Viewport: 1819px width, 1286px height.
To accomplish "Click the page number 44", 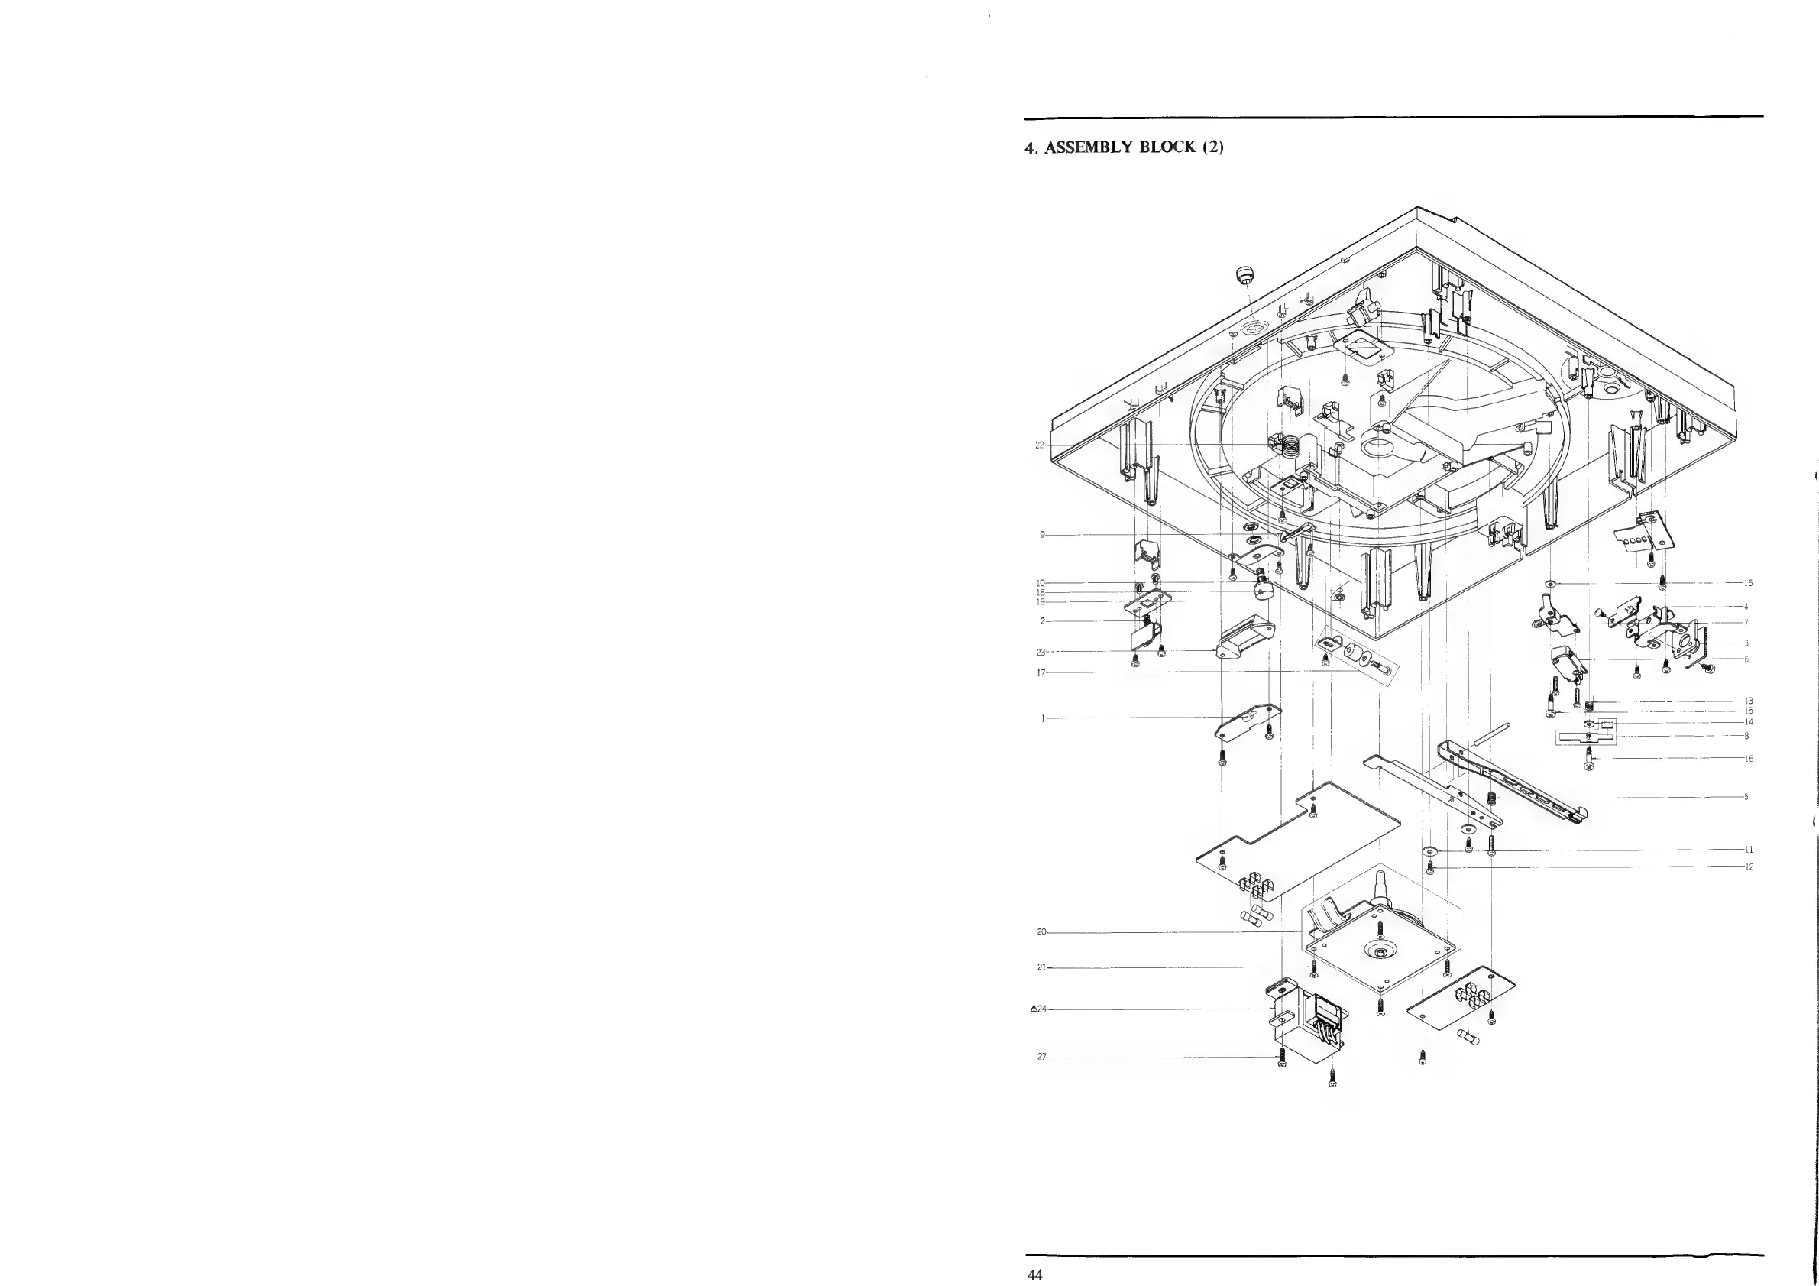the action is [x=1034, y=1275].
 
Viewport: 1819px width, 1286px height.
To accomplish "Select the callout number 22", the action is [x=1040, y=445].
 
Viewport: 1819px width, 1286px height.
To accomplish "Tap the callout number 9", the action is [x=1042, y=535].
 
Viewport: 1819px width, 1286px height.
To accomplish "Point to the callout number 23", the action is [x=1041, y=652].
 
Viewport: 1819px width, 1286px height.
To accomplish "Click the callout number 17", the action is [x=1041, y=672].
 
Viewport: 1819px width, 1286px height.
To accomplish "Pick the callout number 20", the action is [x=1041, y=931].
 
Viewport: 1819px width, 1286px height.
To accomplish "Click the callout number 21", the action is [x=1041, y=967].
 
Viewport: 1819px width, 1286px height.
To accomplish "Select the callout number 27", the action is [x=1041, y=1057].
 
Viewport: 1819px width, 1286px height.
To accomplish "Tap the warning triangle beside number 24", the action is [x=1033, y=1009].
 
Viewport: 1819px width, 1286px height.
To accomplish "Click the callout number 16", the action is [x=1748, y=583].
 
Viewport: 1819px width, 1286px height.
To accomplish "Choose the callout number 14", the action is [x=1749, y=722].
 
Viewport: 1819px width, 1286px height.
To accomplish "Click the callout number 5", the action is [x=1746, y=797].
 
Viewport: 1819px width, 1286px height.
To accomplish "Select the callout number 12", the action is [x=1749, y=867].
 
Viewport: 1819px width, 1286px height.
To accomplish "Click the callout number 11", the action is [x=1749, y=850].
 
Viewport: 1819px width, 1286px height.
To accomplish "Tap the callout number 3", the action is [x=1746, y=643].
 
